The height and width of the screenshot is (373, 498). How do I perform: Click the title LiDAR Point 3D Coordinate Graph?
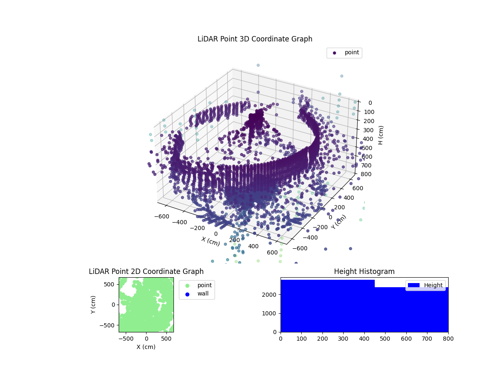tap(255, 39)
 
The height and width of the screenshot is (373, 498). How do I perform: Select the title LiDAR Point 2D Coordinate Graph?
tap(146, 271)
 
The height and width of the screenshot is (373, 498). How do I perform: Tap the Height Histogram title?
tap(364, 271)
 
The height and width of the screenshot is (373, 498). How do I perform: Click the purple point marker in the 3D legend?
tap(334, 53)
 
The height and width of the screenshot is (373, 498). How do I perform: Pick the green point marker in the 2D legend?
tap(187, 285)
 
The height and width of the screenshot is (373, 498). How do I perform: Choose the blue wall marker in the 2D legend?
tap(187, 294)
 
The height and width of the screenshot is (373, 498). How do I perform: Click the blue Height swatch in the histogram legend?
tap(414, 285)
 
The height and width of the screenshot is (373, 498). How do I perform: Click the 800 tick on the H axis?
tap(367, 174)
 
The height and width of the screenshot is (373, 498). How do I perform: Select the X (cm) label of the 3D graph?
tap(210, 241)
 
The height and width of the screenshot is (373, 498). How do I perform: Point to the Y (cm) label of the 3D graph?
tap(339, 222)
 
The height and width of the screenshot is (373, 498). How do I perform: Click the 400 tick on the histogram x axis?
tap(364, 339)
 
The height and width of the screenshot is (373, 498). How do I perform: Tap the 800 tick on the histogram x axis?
tap(448, 339)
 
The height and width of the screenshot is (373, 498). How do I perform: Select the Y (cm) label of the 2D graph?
tap(93, 305)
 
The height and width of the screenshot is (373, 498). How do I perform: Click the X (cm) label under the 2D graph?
tap(146, 347)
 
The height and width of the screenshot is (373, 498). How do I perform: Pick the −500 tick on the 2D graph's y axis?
tap(109, 325)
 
